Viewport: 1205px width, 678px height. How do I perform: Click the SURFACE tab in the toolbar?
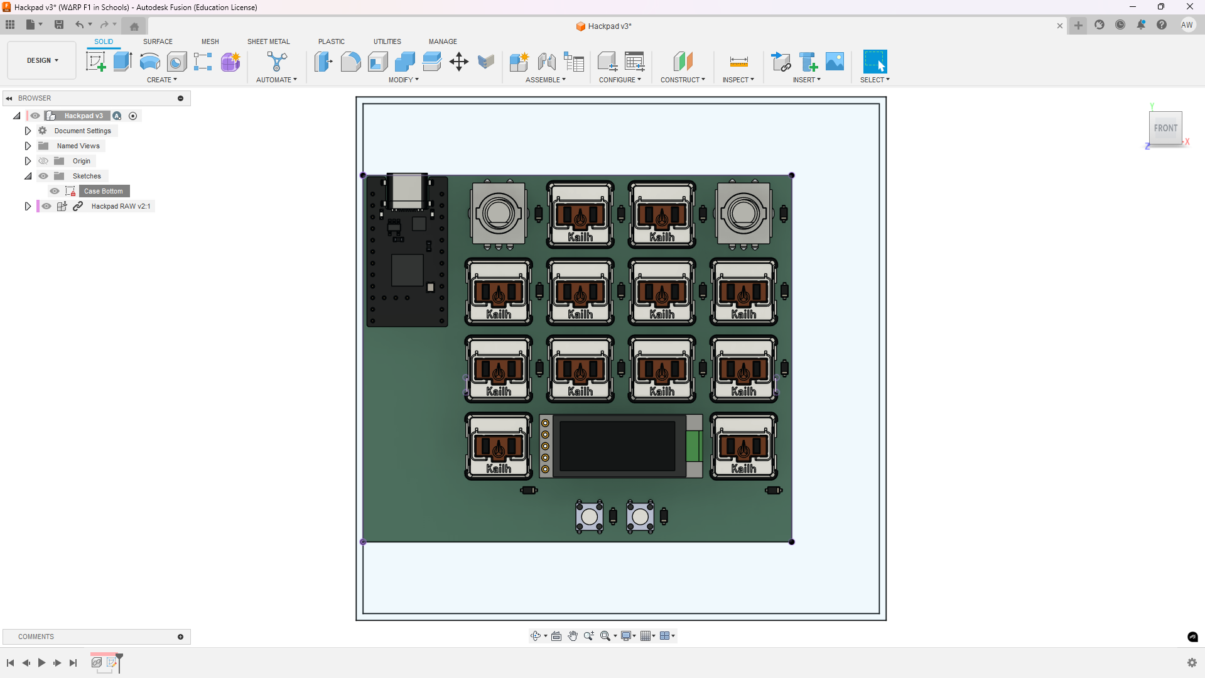point(158,41)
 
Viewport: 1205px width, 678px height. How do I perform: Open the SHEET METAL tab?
point(268,41)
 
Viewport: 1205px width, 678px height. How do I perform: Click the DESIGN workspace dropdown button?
point(42,60)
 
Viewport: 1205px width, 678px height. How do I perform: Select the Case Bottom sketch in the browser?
point(104,191)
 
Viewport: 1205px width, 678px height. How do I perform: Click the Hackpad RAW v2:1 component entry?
point(121,206)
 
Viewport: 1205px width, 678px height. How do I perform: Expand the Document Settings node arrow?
point(28,131)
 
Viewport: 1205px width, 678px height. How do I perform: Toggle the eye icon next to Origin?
point(43,161)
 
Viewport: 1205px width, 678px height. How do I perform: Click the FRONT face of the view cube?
point(1165,128)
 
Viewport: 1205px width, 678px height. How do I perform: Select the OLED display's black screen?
point(617,446)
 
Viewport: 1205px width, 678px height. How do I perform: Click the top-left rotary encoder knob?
point(499,214)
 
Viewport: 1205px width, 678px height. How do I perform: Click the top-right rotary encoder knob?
point(743,214)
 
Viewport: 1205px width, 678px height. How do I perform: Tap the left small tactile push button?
point(589,517)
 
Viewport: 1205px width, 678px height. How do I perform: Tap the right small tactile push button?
point(640,517)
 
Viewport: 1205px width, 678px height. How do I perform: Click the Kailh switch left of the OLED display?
point(499,446)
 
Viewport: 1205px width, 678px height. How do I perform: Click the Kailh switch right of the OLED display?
point(743,446)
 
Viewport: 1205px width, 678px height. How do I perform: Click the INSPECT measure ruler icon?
point(738,62)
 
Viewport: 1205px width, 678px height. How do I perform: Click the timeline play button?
point(41,662)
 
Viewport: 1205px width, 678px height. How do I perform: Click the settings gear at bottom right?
point(1192,662)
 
